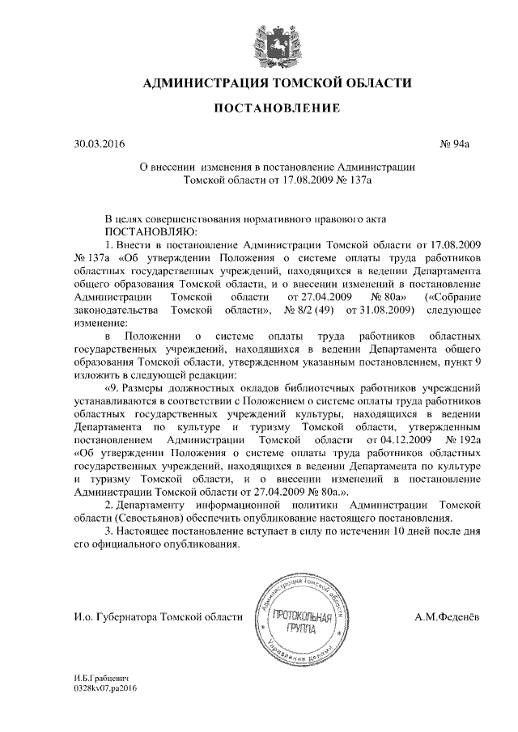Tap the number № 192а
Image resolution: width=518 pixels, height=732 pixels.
(x=461, y=440)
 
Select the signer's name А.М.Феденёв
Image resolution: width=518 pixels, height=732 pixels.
(x=446, y=618)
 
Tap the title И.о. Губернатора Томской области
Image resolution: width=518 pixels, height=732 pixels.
(x=158, y=618)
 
